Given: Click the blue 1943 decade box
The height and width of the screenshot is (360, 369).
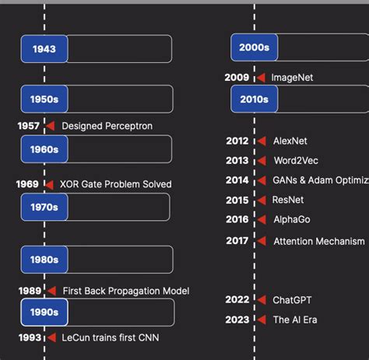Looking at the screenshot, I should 44,49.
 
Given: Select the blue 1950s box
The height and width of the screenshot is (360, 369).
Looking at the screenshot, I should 44,100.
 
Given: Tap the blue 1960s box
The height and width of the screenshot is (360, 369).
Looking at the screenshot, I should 44,149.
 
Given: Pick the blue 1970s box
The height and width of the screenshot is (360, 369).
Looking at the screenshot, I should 44,207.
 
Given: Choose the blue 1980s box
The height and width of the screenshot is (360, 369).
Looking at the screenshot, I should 44,259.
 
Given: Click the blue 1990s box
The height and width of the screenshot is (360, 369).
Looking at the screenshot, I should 44,312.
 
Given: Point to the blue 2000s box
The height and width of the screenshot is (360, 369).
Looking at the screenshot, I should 254,47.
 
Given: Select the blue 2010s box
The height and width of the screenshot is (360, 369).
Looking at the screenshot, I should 254,99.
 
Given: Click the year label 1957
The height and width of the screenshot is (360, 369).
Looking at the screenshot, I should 28,126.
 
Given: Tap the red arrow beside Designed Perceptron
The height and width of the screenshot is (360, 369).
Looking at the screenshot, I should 49,126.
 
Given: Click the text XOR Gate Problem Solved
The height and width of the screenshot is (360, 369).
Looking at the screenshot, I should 115,184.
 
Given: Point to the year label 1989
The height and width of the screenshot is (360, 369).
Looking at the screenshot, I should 30,291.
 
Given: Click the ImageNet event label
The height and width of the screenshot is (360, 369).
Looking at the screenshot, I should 292,78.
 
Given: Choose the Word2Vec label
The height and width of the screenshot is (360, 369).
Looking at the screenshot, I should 296,160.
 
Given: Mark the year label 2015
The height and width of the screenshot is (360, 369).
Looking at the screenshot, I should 237,200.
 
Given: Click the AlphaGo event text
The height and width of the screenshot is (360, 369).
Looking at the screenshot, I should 292,220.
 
